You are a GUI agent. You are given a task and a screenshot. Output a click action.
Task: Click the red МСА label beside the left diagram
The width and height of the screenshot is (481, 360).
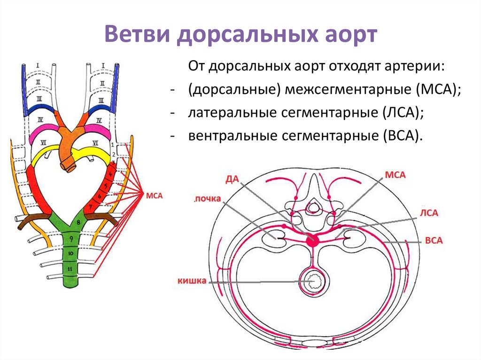click(x=155, y=196)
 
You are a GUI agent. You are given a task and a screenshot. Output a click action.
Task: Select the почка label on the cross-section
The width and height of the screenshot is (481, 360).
click(x=207, y=199)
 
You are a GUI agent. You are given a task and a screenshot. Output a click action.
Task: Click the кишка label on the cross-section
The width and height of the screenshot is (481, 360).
click(x=192, y=281)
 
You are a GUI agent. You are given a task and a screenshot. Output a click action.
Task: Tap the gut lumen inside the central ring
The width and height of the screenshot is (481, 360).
click(x=312, y=282)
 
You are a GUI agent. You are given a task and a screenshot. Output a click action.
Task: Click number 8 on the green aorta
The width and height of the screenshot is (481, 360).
click(x=78, y=222)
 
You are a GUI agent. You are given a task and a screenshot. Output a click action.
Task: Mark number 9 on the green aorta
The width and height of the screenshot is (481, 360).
click(x=71, y=239)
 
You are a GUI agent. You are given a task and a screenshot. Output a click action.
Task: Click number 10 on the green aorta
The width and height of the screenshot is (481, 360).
click(x=70, y=253)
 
